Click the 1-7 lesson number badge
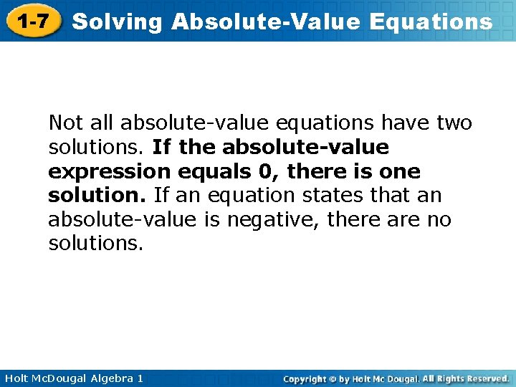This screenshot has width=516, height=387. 33,21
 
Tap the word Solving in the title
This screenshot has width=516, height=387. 118,22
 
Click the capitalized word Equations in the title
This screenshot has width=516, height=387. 431,22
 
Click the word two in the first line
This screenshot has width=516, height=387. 454,123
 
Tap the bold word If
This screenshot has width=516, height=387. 162,148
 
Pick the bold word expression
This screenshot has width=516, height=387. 109,172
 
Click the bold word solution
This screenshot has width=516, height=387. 95,196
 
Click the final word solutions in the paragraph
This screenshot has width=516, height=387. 95,244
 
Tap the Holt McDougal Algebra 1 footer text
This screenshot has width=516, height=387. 72,378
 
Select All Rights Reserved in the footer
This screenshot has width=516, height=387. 466,378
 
